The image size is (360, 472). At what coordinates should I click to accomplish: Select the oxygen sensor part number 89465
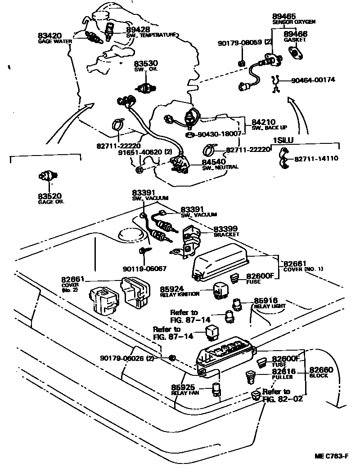click(284, 16)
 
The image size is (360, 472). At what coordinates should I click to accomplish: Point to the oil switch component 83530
click(147, 87)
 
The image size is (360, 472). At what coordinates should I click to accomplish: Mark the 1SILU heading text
click(283, 140)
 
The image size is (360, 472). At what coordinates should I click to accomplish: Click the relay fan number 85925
click(183, 387)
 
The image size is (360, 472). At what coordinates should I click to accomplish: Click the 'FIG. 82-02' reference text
click(283, 398)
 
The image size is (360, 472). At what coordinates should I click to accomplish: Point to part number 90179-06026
click(128, 358)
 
